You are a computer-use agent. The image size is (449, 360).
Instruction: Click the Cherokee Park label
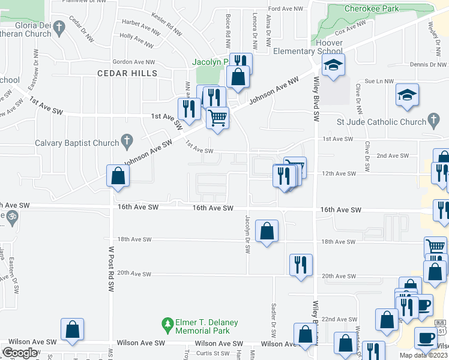click(372, 9)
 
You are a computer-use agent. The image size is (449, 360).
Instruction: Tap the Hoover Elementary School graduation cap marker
click(333, 67)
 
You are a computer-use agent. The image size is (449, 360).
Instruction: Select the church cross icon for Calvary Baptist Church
click(126, 142)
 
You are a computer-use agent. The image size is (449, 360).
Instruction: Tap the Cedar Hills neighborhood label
click(127, 73)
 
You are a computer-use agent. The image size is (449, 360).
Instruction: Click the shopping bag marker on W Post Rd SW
click(117, 176)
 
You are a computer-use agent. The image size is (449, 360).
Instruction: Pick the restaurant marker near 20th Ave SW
click(301, 265)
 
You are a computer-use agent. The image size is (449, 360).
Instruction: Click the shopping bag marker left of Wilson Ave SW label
click(72, 329)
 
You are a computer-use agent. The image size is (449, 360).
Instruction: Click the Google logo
click(20, 353)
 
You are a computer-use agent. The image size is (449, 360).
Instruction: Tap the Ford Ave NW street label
click(283, 9)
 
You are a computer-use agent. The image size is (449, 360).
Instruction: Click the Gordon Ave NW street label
click(133, 62)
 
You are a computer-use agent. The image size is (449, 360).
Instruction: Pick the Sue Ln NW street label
click(379, 80)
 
